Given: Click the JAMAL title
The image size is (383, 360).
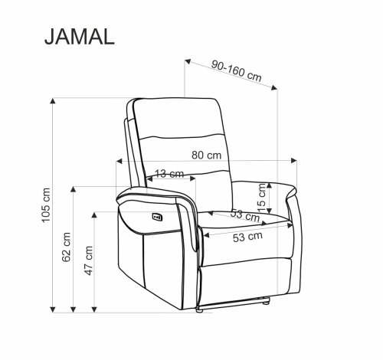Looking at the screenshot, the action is point(80,37).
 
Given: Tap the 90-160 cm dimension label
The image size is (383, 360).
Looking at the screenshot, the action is point(237,71).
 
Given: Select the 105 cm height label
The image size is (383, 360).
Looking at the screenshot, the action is point(46,205).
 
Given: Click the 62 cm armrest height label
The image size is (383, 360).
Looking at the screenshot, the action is point(66,247).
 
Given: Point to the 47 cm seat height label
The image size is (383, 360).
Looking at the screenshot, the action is point(89,260).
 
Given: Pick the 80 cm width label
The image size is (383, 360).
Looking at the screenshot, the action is point(207,155).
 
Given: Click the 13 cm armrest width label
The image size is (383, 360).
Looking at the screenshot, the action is point(169,174).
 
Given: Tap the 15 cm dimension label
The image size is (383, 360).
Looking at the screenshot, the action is point(262,198).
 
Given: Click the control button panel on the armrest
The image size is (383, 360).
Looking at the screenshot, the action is point(157,217).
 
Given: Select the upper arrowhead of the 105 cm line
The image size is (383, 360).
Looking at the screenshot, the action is point(53,100).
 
